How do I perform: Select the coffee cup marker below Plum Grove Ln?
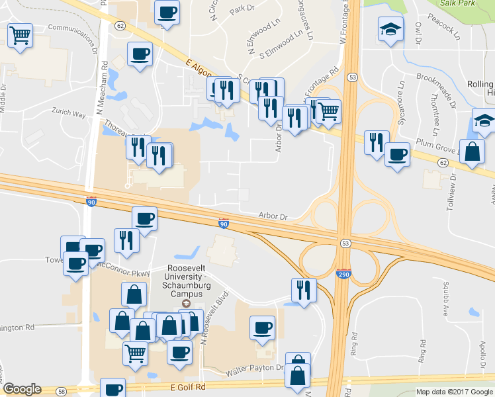click(x=396, y=154)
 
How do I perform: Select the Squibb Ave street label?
click(x=447, y=301)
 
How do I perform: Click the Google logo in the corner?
click(x=22, y=389)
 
